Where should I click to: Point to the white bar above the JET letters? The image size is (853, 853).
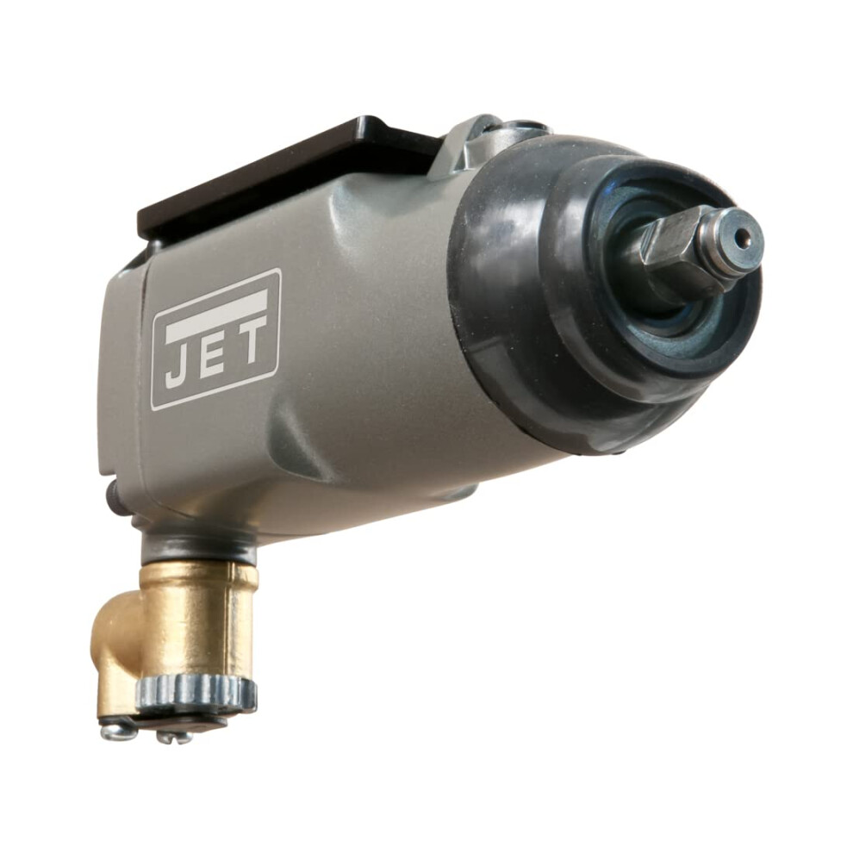click(217, 311)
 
